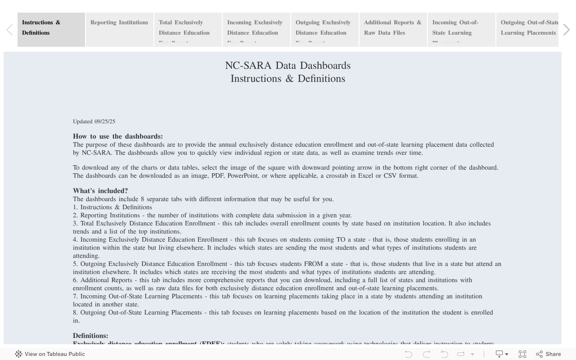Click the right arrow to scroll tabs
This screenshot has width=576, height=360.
567,30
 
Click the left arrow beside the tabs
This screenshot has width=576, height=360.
9,30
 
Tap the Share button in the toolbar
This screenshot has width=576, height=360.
549,354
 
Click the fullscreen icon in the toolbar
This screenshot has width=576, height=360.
522,354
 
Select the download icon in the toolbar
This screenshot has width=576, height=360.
499,354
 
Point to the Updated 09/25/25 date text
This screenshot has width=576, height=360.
94,121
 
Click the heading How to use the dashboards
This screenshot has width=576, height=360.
118,136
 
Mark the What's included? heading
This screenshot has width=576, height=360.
100,191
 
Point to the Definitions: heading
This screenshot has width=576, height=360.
90,336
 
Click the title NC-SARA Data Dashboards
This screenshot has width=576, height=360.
288,66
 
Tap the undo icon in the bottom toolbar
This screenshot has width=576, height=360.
409,354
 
